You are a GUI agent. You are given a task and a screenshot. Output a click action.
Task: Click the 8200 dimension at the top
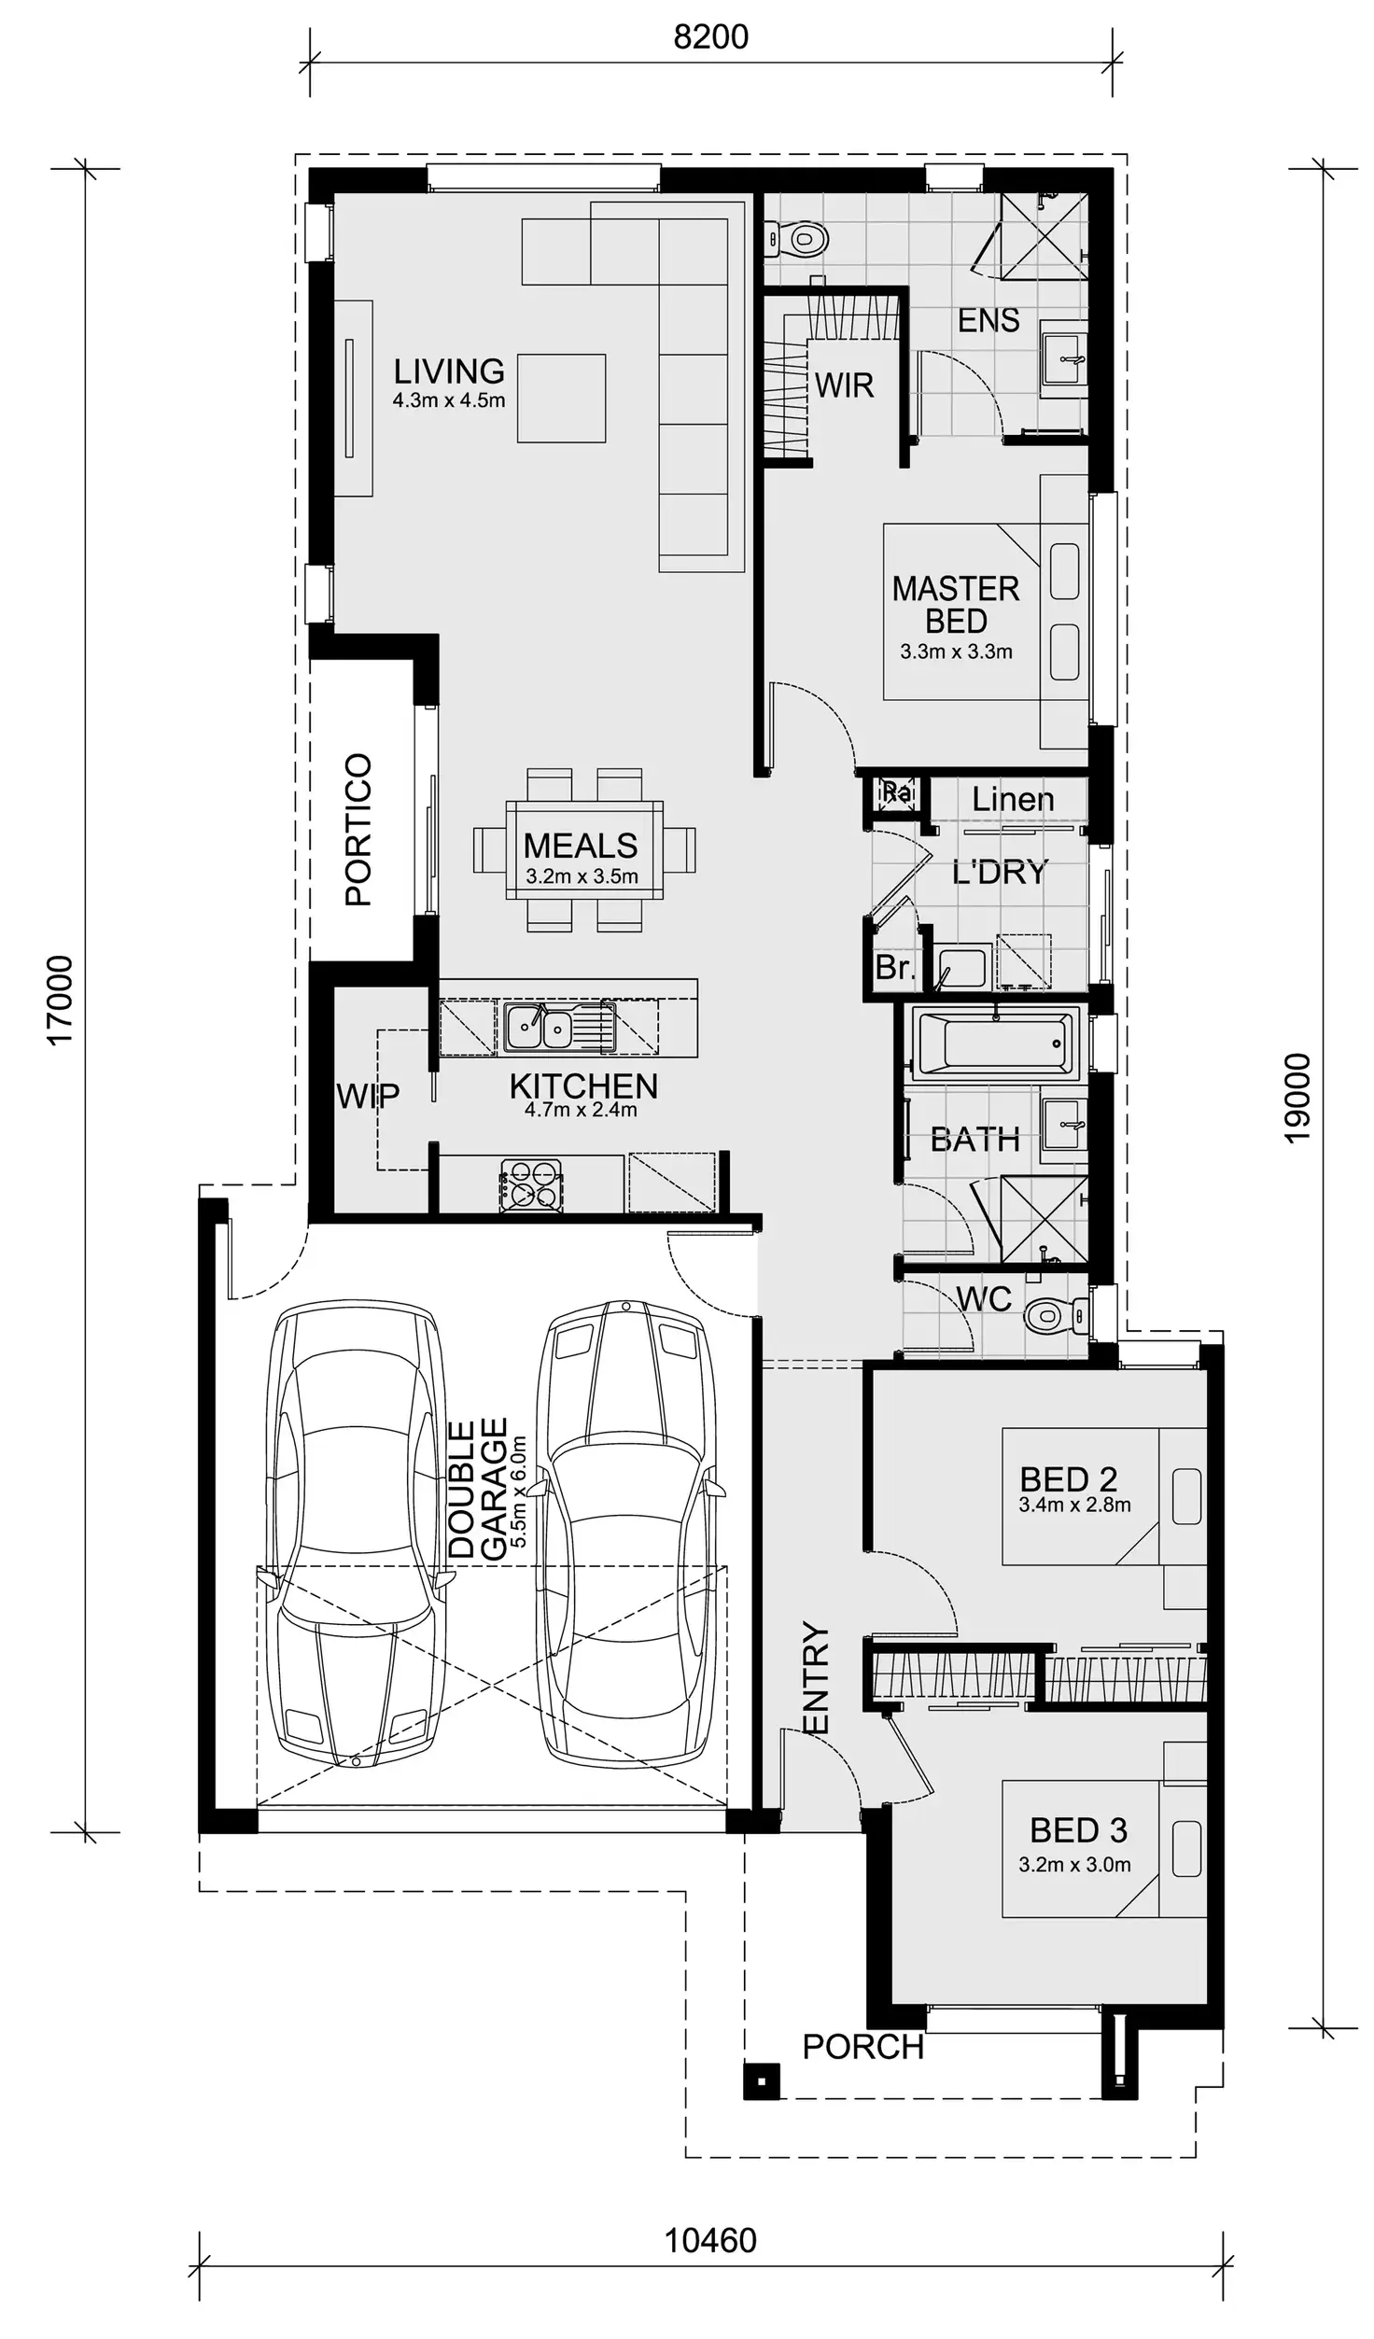coord(710,37)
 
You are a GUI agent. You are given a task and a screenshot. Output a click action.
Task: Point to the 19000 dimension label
coord(1297,1098)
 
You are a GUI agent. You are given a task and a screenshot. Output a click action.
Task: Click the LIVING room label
coord(449,371)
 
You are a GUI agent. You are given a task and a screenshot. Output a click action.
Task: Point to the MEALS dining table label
coord(581,846)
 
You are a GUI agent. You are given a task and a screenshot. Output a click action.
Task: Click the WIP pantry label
coord(368,1096)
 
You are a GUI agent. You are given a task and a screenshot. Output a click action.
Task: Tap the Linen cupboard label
coord(1013,799)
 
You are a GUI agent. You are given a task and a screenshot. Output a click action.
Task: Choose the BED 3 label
coord(1078,1829)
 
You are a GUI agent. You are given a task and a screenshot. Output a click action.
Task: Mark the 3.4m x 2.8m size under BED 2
coord(1074,1505)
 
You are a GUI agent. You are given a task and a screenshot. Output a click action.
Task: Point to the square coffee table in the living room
coord(562,398)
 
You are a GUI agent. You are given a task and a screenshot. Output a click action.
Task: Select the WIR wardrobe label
coord(844,385)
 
